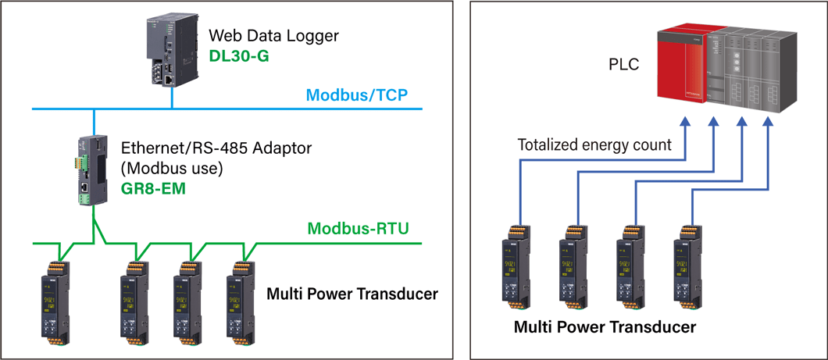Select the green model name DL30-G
point(238,55)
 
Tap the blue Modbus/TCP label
point(357,96)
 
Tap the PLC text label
point(623,65)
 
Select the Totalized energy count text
point(594,144)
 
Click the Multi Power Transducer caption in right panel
point(605,327)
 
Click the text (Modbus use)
point(173,168)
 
